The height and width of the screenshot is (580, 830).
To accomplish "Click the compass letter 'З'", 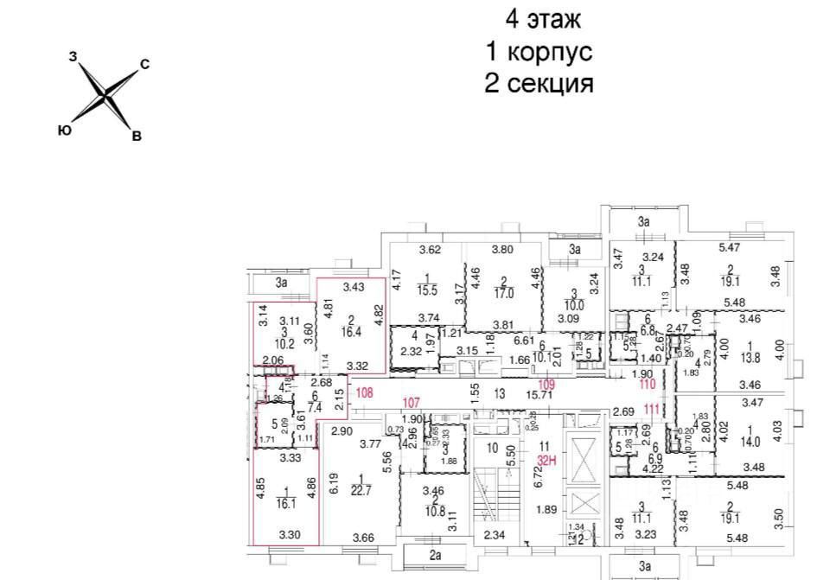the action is pyautogui.click(x=73, y=56).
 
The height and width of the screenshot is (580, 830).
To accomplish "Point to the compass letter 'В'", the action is pyautogui.click(x=136, y=135).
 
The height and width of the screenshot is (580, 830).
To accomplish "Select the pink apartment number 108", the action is pyautogui.click(x=364, y=393).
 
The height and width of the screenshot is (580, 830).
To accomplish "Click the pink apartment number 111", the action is pyautogui.click(x=652, y=410).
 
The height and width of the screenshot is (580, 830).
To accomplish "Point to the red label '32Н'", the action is pyautogui.click(x=545, y=461).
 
